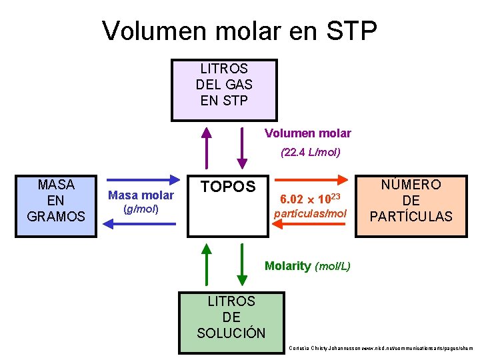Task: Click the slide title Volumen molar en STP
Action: (x=240, y=31)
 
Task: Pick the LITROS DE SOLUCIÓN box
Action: (x=231, y=317)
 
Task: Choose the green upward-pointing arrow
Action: (x=207, y=263)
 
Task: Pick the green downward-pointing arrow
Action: (x=242, y=263)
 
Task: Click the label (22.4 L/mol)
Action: (x=311, y=153)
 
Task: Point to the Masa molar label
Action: (x=141, y=195)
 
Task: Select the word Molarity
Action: (x=287, y=266)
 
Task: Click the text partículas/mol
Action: (x=311, y=214)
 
